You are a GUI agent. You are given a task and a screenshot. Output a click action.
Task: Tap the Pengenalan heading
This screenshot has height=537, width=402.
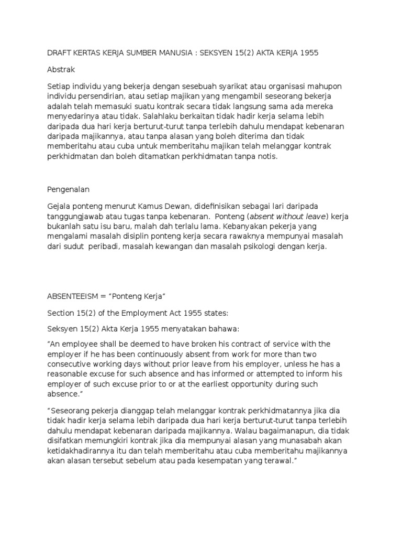click(x=68, y=188)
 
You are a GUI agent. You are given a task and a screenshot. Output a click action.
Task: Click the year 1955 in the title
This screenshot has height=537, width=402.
click(x=307, y=53)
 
